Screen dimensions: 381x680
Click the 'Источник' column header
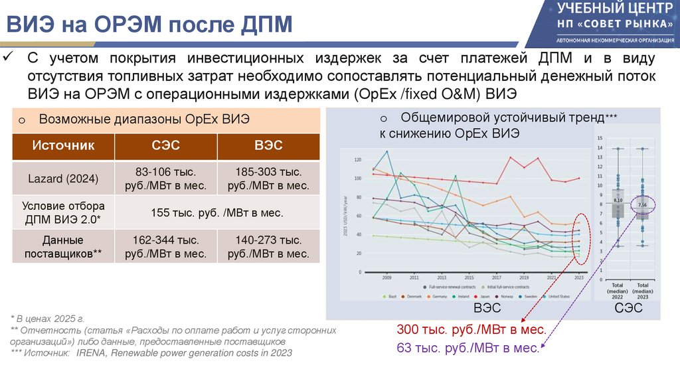(64, 145)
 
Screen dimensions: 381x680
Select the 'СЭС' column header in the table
(165, 145)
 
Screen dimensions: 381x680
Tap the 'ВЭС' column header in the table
(268, 145)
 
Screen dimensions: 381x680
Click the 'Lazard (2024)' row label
(64, 179)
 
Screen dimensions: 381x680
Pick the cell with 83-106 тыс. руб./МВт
(165, 179)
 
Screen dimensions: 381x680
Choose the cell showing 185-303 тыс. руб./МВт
(268, 179)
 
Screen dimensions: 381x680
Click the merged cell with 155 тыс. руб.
(216, 213)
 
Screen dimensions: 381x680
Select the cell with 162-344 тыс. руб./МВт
(165, 246)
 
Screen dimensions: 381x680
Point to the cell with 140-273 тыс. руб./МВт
(268, 246)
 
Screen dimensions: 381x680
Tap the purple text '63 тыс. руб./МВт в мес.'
(467, 346)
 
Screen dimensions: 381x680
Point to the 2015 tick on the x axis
(469, 277)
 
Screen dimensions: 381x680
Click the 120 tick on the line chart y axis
(358, 160)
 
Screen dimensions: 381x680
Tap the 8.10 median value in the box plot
(617, 200)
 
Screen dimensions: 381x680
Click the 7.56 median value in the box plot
(641, 205)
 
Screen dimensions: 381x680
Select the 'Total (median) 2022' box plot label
(618, 290)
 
